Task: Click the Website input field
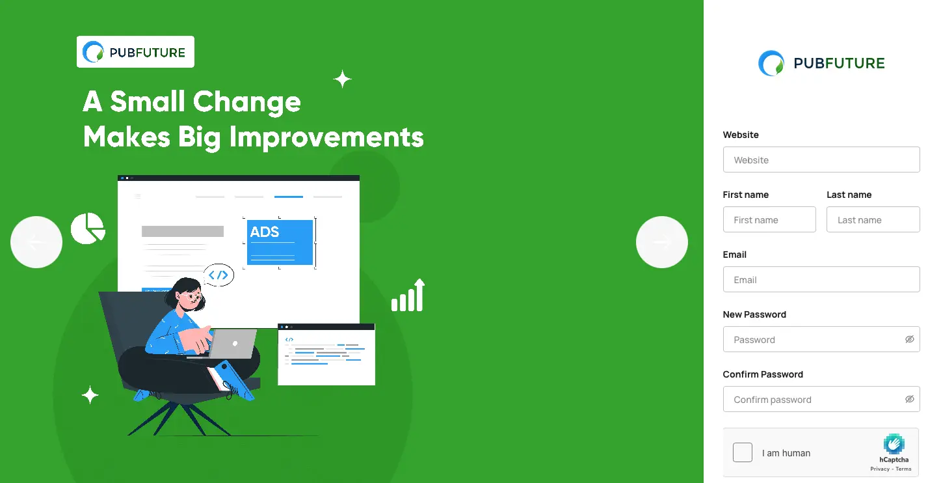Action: tap(821, 159)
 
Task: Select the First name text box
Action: tap(769, 219)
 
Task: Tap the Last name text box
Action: tap(873, 219)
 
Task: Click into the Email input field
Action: tap(821, 279)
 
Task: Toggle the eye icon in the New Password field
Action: tap(910, 339)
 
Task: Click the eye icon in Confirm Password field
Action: tap(910, 399)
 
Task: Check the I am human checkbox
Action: tap(742, 452)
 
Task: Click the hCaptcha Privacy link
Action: tap(880, 469)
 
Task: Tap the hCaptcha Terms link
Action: tap(903, 469)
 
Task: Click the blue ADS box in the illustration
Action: tap(280, 242)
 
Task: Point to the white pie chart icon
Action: tap(88, 228)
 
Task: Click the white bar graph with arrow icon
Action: tap(408, 295)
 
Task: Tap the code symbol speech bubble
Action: tap(219, 275)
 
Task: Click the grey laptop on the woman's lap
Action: tap(232, 344)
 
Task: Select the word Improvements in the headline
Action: tap(326, 137)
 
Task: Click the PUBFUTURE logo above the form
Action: tap(821, 63)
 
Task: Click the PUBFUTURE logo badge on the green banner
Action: tap(135, 51)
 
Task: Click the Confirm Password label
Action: tap(762, 374)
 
